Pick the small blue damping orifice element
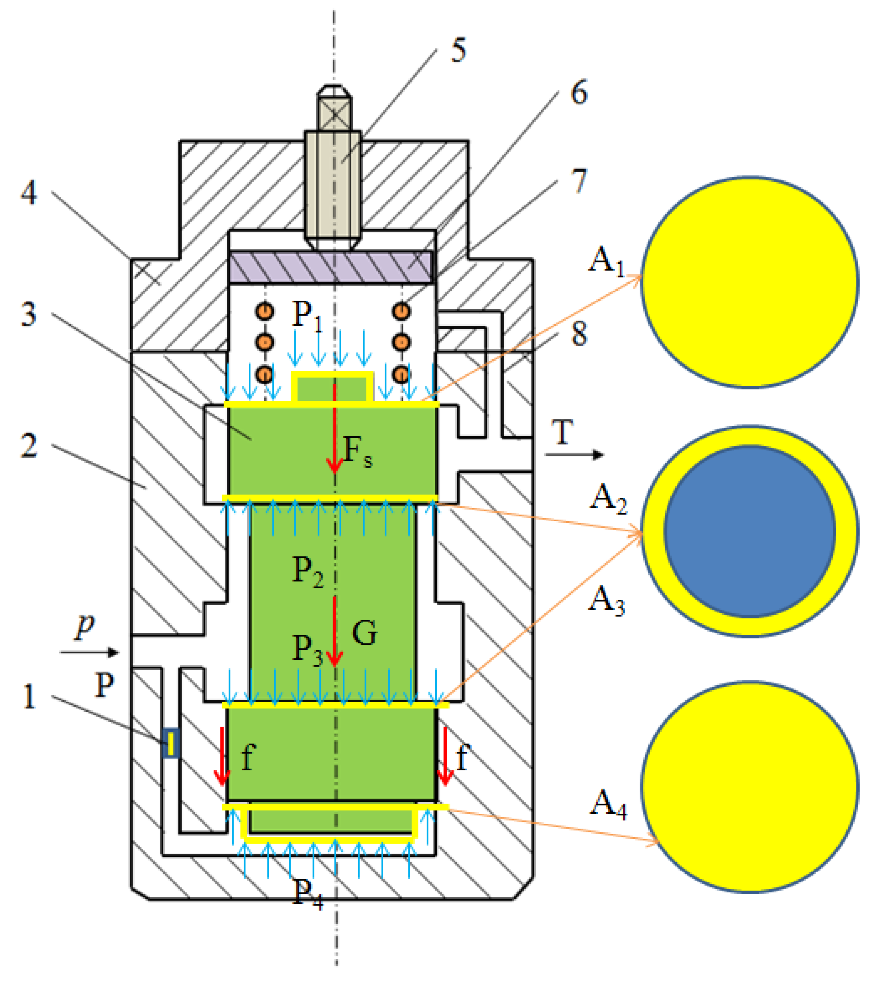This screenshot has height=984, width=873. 171,743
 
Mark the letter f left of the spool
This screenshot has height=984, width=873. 248,757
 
